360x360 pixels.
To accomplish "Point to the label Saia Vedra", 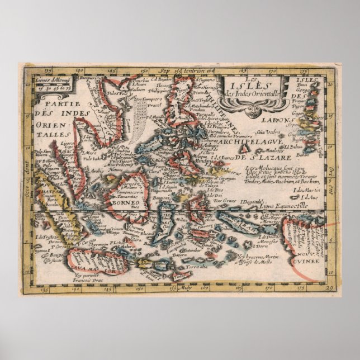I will coord(268,132).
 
